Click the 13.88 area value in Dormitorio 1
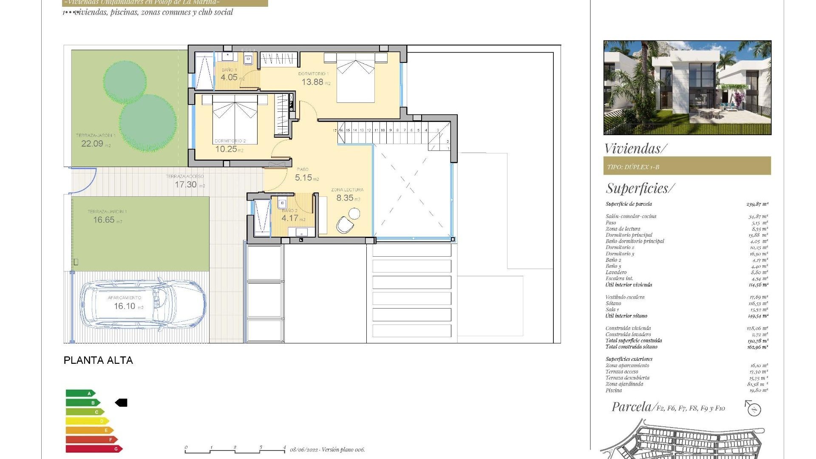point(313,82)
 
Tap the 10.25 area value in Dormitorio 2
point(226,149)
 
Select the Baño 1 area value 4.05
point(229,77)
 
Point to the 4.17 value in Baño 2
point(290,218)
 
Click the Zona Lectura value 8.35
point(345,198)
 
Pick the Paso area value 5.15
point(303,178)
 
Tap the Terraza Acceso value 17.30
point(186,185)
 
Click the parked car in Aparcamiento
point(143,304)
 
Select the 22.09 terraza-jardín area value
point(92,144)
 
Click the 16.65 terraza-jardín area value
point(104,220)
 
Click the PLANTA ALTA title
point(98,360)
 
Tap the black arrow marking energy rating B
point(122,402)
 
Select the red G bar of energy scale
point(93,449)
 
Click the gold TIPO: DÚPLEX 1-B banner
point(687,166)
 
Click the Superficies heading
point(640,188)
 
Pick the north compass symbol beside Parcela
point(754,408)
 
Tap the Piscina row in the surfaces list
point(614,390)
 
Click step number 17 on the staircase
point(335,130)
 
